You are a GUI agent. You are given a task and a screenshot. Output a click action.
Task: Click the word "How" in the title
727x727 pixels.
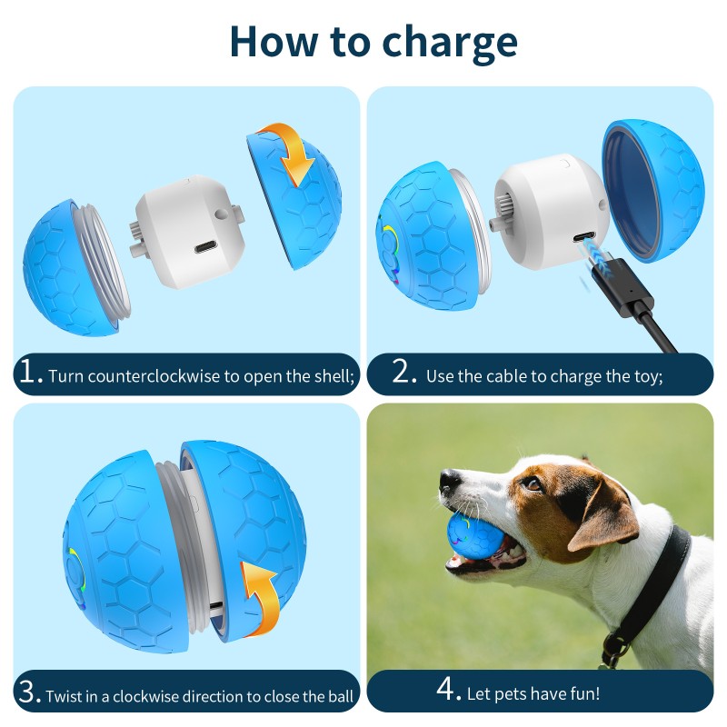273,40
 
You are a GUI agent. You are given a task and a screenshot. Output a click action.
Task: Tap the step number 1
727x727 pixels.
30,373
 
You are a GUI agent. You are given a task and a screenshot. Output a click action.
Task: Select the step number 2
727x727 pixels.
405,373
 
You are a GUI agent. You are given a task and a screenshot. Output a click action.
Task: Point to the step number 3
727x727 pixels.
30,693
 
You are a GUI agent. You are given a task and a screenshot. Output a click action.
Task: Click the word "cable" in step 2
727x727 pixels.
512,376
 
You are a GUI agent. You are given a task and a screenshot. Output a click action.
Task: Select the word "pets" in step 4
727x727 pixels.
510,694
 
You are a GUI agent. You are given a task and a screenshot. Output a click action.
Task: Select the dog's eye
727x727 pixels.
532,484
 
